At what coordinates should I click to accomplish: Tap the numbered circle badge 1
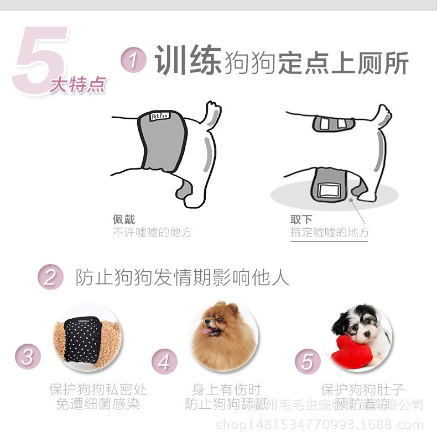pos(133,60)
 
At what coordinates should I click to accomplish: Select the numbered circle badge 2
pos(50,276)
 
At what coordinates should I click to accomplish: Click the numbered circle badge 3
pos(28,356)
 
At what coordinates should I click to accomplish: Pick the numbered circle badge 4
pos(164,362)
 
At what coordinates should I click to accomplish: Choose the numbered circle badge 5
pos(308,362)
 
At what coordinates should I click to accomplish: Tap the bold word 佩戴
pos(124,219)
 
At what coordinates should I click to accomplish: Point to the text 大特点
pos(77,86)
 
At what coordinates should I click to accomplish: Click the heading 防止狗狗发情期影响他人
pos(182,277)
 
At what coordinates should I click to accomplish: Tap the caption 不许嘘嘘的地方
pos(152,233)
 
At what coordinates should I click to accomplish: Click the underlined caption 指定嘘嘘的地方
pos(330,233)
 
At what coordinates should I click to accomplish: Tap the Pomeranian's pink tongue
pos(208,331)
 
